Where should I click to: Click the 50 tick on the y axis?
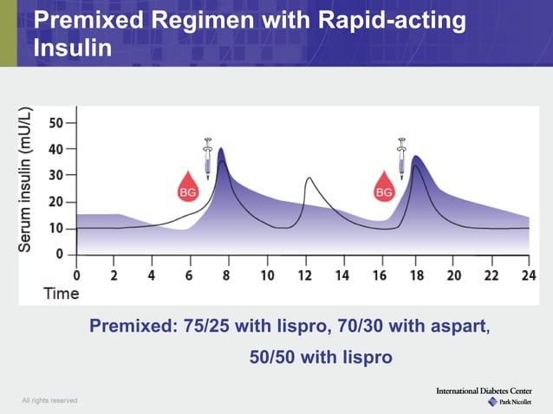point(55,123)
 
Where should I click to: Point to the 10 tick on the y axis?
point(55,229)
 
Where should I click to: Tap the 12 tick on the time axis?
point(304,275)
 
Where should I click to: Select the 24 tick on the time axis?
point(529,275)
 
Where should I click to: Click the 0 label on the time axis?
point(77,275)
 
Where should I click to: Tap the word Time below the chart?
point(62,294)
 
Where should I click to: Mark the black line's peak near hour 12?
point(309,178)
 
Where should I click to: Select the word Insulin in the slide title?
point(72,47)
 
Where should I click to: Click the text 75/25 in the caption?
point(207,327)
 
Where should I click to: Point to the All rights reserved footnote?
point(50,400)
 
